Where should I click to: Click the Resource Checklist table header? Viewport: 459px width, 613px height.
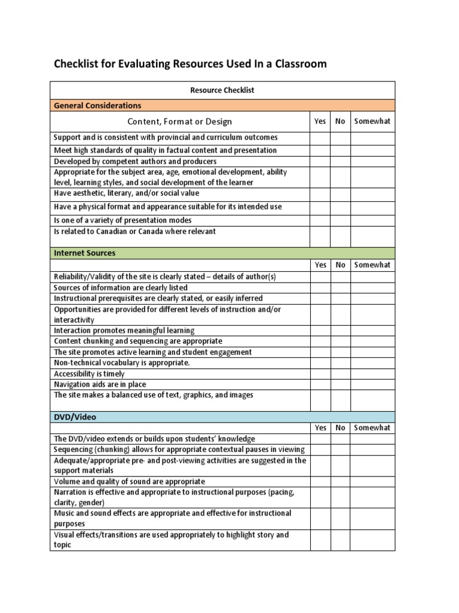pos(222,90)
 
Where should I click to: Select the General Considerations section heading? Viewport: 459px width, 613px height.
pos(97,105)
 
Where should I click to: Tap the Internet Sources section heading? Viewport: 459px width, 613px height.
pos(84,253)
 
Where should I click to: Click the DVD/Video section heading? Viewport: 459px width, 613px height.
pos(75,416)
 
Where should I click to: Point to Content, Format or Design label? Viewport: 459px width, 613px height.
pos(180,122)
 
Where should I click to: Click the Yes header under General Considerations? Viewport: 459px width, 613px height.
pos(320,122)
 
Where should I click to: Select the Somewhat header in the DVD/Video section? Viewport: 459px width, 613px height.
pos(372,427)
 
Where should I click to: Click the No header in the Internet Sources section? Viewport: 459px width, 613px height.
pos(340,265)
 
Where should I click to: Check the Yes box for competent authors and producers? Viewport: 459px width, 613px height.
pos(320,162)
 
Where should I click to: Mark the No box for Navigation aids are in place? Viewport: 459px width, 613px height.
pos(340,384)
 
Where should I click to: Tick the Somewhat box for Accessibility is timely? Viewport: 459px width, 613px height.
pos(372,374)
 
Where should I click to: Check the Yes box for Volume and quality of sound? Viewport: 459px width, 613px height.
pos(320,481)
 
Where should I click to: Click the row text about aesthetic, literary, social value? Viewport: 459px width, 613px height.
pos(127,193)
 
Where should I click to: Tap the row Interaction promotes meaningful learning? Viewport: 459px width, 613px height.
pos(124,330)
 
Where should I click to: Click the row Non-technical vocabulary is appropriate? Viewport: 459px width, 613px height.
pos(121,363)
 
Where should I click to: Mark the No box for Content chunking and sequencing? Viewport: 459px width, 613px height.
pos(340,341)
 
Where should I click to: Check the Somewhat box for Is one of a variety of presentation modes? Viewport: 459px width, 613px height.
pos(372,220)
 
